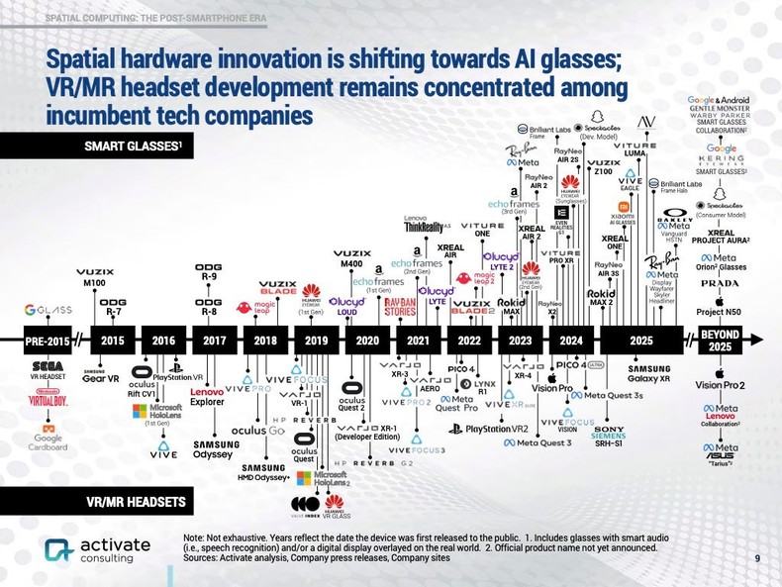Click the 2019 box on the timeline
(x=315, y=341)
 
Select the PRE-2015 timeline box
(x=47, y=341)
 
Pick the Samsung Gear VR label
(x=101, y=376)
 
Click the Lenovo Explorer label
(x=207, y=398)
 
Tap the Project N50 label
(x=720, y=315)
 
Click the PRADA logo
(x=720, y=283)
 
